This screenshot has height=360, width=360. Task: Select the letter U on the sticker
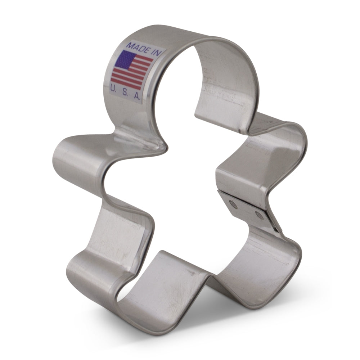(114, 87)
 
